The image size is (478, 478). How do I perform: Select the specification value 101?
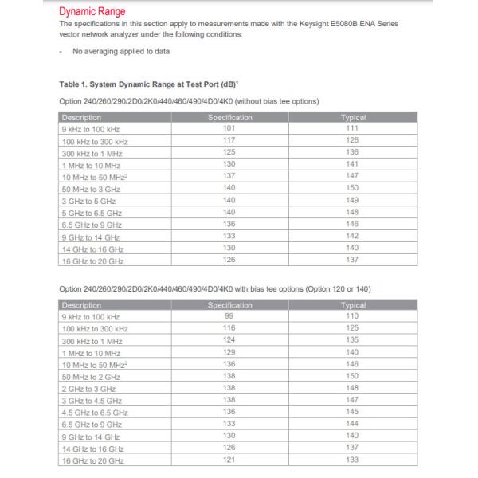[x=229, y=128]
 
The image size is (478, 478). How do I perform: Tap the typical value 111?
[x=353, y=128]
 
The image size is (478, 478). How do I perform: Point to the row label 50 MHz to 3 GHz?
[x=92, y=189]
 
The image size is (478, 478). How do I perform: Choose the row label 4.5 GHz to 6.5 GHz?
[x=95, y=413]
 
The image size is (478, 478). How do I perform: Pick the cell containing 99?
[x=229, y=316]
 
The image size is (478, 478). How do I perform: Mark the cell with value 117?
[x=229, y=140]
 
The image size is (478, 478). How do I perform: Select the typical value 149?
[x=353, y=201]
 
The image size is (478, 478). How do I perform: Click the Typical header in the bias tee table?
[x=353, y=304]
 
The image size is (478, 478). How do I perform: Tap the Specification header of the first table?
[x=229, y=117]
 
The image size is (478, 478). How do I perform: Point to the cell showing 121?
[x=229, y=460]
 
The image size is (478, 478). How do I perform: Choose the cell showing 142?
[x=353, y=237]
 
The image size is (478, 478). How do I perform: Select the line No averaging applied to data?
[x=119, y=52]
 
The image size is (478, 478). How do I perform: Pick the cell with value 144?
[x=353, y=425]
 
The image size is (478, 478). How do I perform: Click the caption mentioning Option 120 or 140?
[x=215, y=288]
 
